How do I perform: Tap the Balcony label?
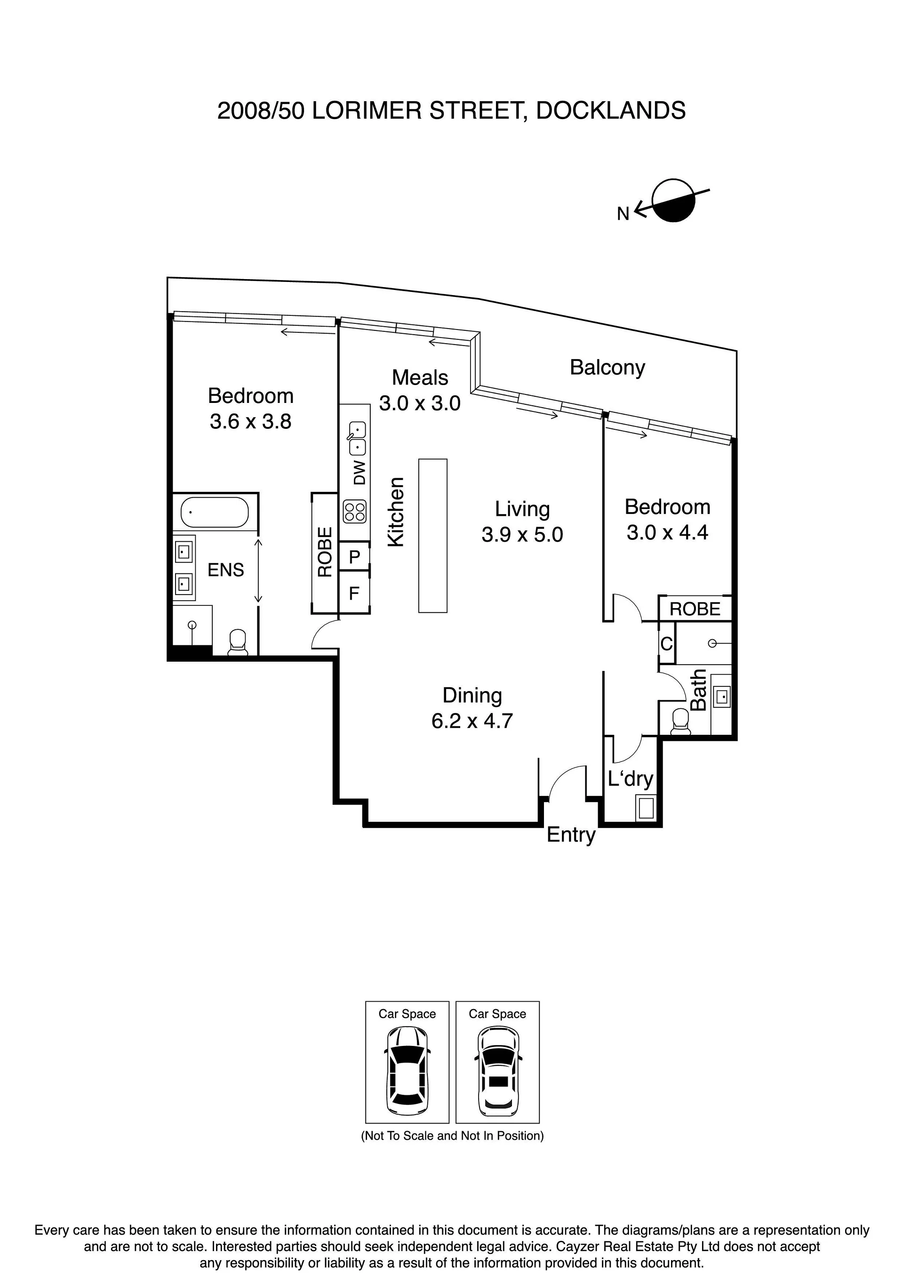(x=607, y=368)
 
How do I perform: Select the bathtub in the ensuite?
(x=215, y=512)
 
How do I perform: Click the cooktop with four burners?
(x=355, y=512)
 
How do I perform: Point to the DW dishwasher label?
(x=360, y=473)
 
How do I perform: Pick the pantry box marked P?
(x=354, y=556)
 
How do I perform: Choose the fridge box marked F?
(x=354, y=593)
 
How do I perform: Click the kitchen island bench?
(x=433, y=536)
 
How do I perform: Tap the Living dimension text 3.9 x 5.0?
(x=522, y=535)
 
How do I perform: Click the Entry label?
(x=571, y=835)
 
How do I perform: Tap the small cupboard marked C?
(x=666, y=644)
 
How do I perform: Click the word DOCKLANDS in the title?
(x=610, y=111)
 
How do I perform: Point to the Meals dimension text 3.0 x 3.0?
(x=420, y=403)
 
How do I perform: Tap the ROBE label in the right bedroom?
(x=695, y=609)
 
